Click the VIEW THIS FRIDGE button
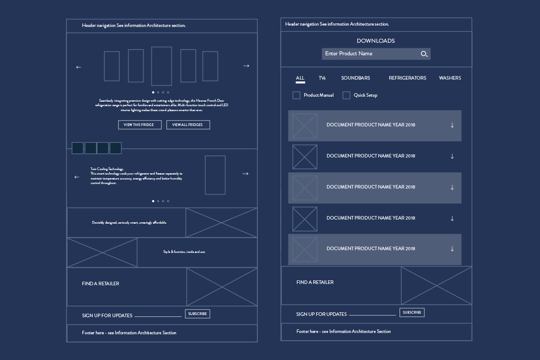pos(139,125)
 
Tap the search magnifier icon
pos(424,54)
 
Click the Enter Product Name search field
pos(369,54)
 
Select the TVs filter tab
pos(322,78)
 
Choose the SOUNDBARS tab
pos(355,78)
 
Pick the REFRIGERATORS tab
pos(407,78)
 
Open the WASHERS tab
pos(450,78)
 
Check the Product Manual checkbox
pos(297,95)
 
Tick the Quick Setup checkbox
pos(346,95)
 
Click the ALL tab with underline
pos(300,78)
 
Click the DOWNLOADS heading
pos(376,41)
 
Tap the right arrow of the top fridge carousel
pos(246,66)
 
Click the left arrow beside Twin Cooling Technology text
pos(77,177)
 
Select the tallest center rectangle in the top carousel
pos(162,66)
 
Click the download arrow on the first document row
pos(452,126)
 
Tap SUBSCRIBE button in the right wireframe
pos(412,312)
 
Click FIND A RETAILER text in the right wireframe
pos(315,283)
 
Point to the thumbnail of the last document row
pos(305,249)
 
